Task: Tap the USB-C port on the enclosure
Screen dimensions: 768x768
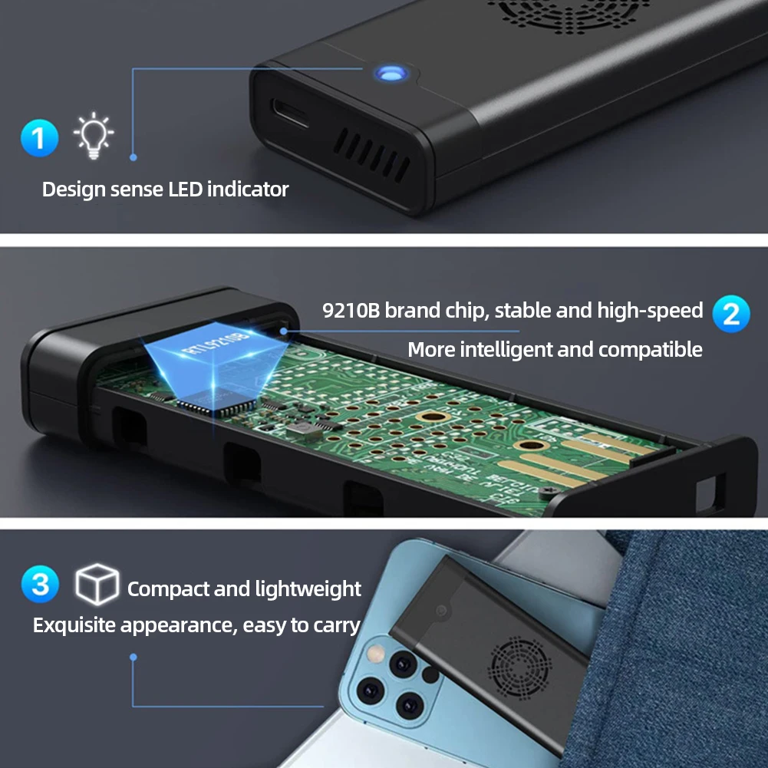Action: click(288, 114)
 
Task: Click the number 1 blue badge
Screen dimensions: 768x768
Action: click(39, 138)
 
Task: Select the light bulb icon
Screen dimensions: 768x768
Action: click(94, 136)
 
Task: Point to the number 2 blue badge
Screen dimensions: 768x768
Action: click(730, 313)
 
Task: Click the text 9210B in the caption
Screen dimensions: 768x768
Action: click(351, 311)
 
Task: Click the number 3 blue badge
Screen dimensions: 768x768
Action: click(40, 585)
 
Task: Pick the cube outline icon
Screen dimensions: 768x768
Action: click(97, 585)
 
